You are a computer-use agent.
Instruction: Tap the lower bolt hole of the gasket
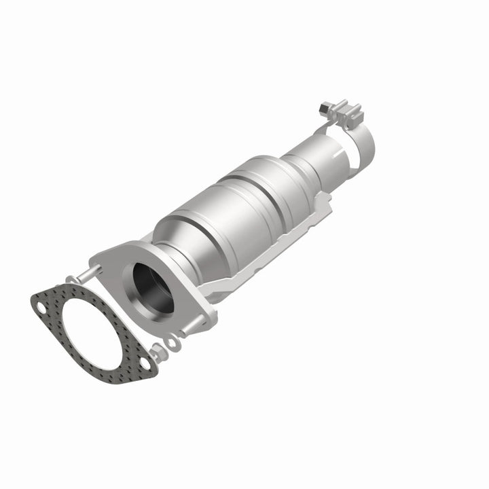click(x=145, y=361)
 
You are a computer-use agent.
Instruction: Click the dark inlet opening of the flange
click(x=153, y=289)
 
